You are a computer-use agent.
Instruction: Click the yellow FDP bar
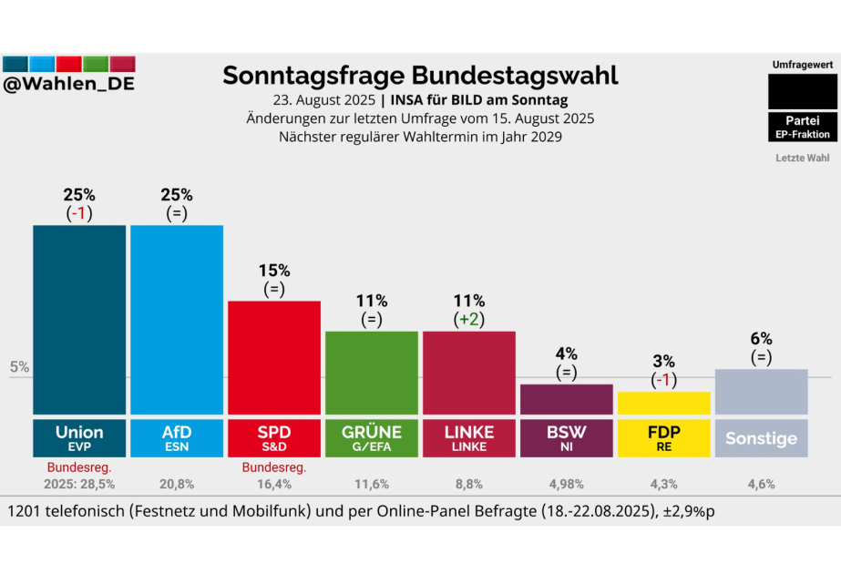[663, 403]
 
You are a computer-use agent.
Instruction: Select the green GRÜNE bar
[371, 372]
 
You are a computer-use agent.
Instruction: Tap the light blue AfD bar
[177, 319]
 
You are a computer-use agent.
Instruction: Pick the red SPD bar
[273, 357]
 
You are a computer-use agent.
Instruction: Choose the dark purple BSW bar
[566, 399]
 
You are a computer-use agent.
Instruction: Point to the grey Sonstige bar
[761, 391]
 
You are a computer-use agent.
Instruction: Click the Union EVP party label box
[79, 437]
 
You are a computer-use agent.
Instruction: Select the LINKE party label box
[468, 437]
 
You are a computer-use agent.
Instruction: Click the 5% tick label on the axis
[19, 367]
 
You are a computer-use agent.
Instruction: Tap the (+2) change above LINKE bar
[468, 320]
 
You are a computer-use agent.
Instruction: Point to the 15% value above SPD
[273, 271]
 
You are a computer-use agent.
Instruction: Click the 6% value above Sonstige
[761, 338]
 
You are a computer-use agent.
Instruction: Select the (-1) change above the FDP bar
[663, 380]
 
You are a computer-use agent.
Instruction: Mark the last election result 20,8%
[177, 485]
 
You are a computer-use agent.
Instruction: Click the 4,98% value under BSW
[566, 485]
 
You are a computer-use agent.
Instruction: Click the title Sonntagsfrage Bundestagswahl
[420, 76]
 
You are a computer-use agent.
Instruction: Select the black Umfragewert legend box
[802, 91]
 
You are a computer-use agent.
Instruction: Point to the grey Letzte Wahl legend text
[802, 158]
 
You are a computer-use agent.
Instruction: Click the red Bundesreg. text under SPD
[273, 468]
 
